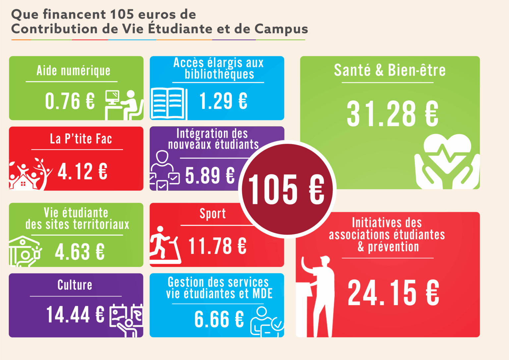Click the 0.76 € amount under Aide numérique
70,101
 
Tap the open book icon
168,103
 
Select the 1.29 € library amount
223,101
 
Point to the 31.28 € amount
392,114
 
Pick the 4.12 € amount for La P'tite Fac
83,171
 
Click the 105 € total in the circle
286,189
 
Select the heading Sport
212,214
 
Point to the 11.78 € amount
217,246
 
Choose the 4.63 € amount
80,252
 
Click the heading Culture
75,285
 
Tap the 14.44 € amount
75,314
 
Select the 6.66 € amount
219,319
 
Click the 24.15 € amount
393,292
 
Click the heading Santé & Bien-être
390,70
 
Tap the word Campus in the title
281,29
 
